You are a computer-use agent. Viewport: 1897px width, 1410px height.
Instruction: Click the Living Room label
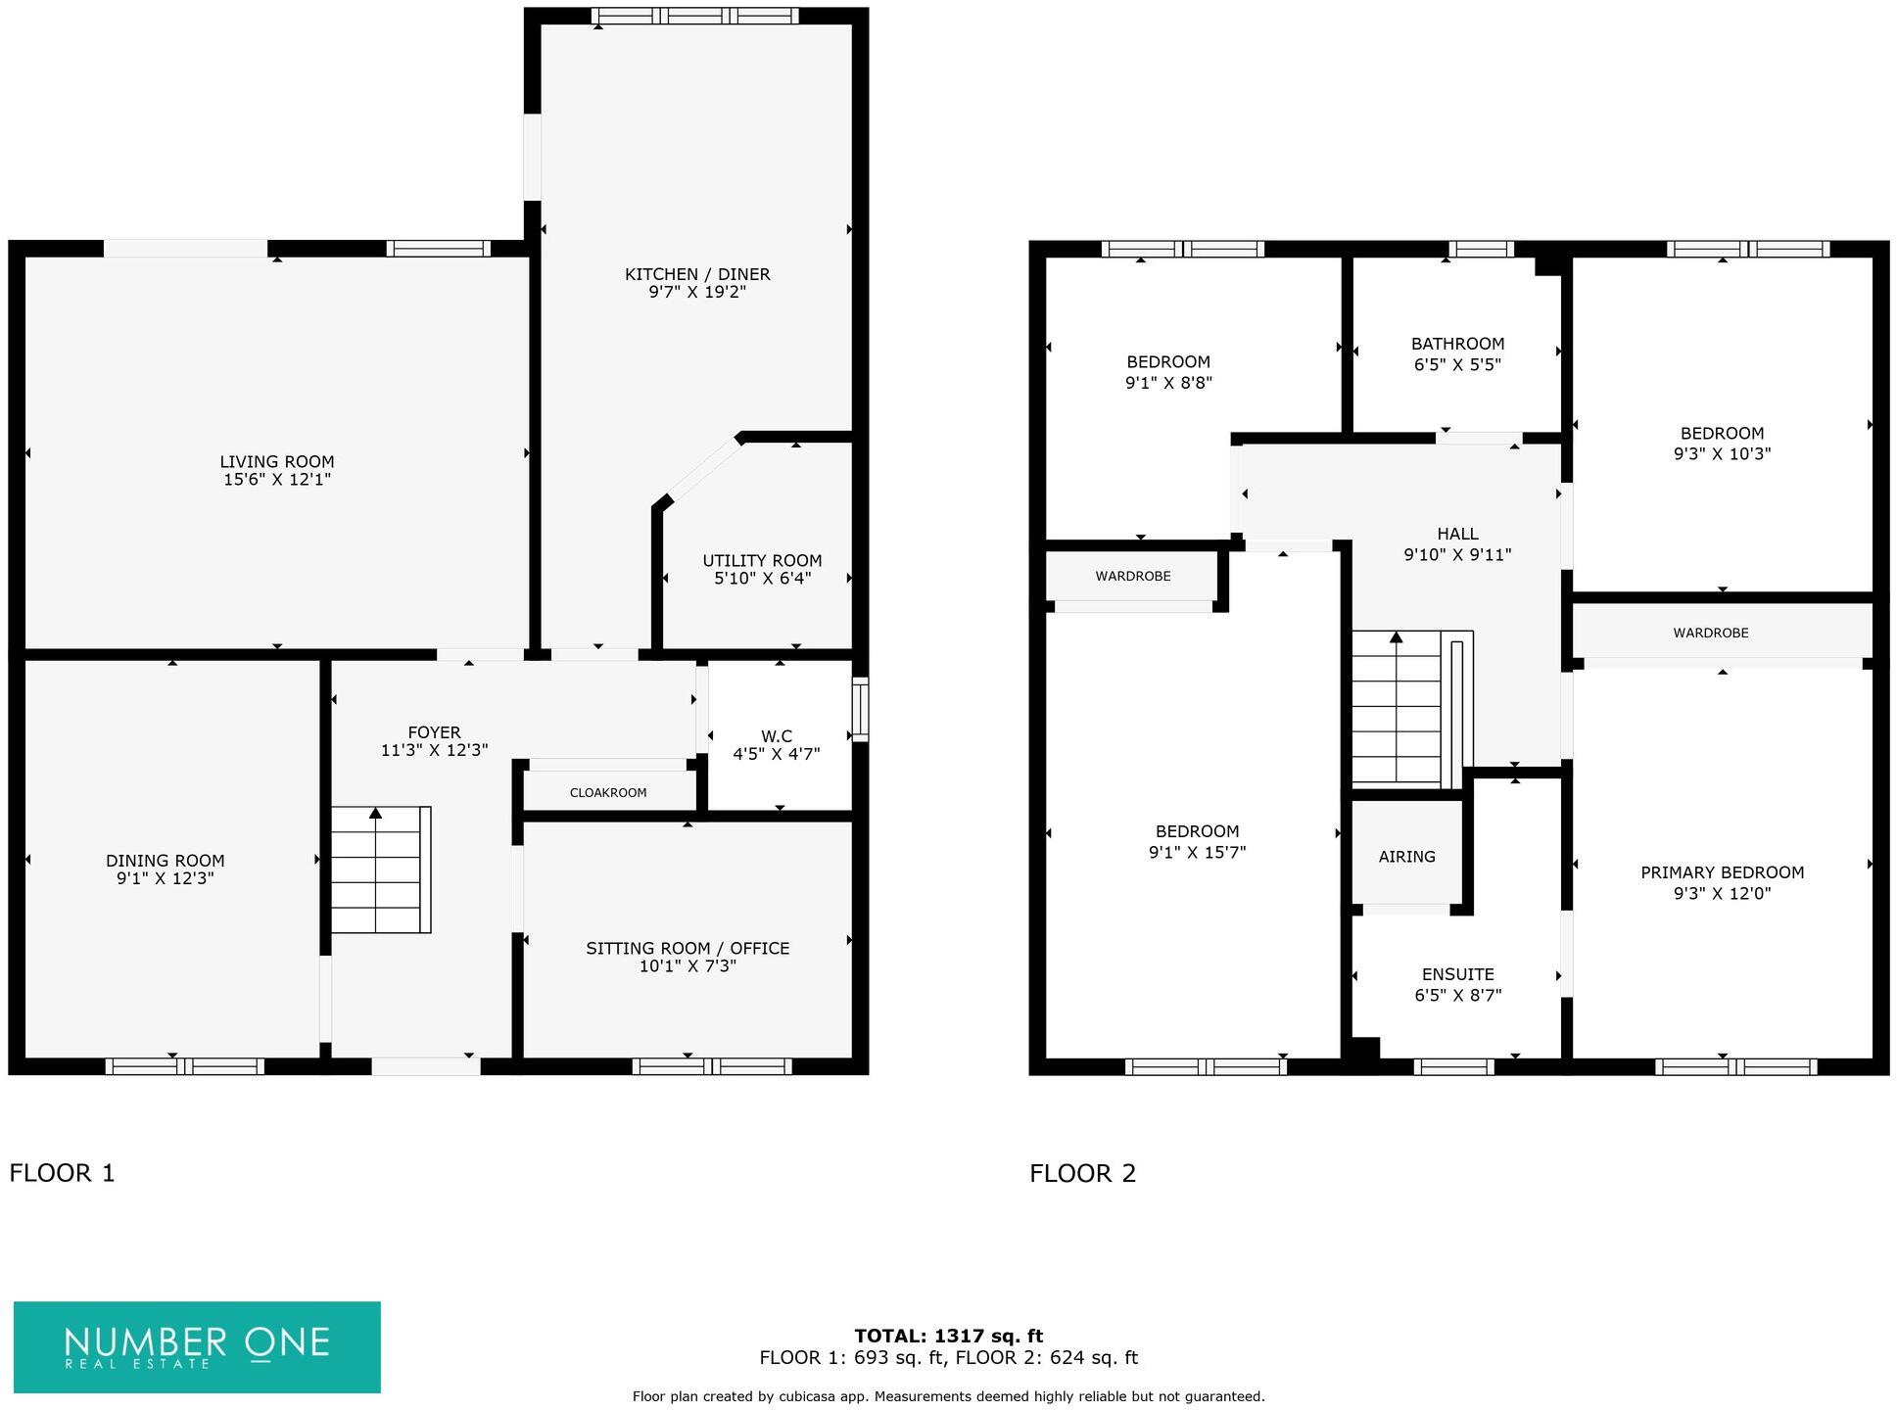click(276, 461)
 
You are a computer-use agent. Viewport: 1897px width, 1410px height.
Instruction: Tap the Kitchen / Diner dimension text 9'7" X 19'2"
click(697, 292)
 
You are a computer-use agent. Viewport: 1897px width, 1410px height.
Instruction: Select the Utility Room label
click(762, 561)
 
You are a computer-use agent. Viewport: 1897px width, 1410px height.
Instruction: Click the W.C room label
click(776, 736)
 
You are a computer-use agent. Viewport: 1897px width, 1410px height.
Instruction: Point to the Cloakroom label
click(608, 792)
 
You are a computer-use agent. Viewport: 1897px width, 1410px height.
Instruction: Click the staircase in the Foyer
click(380, 869)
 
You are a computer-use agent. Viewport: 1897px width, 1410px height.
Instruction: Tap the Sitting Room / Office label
click(688, 948)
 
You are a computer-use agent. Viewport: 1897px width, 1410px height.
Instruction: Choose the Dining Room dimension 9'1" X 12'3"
click(165, 878)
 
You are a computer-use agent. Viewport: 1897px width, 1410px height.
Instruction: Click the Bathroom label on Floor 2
click(1457, 344)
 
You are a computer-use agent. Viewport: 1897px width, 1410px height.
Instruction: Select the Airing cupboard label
click(1406, 856)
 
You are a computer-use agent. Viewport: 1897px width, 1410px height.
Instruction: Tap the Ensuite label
click(1457, 974)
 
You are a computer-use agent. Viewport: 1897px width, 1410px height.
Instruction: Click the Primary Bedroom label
click(1722, 872)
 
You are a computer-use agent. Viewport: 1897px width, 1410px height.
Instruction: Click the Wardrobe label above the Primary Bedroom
click(1710, 633)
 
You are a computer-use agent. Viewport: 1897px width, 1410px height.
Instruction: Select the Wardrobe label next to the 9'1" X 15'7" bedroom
click(1132, 576)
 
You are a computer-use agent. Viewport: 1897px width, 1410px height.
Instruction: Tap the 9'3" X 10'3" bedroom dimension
click(1722, 453)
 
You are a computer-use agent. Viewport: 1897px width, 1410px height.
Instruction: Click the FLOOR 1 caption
click(62, 1172)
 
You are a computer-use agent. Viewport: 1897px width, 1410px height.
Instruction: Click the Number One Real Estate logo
click(197, 1346)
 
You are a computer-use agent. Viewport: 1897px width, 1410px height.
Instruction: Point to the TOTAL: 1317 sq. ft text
click(948, 1336)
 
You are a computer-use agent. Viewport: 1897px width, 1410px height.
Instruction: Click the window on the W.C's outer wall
click(860, 709)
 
